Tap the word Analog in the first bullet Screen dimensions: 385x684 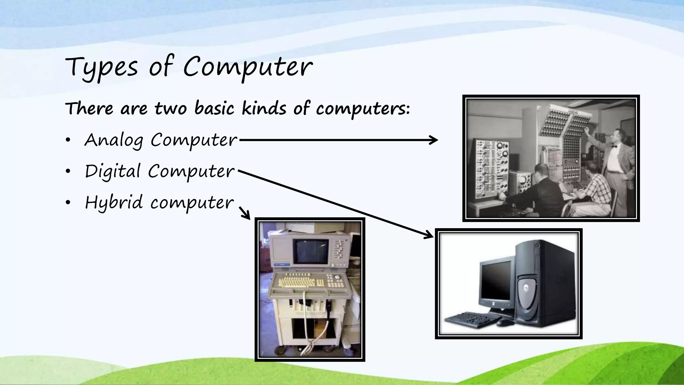pos(114,140)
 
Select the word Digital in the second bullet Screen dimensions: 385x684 pos(113,171)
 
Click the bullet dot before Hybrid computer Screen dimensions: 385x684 pos(68,203)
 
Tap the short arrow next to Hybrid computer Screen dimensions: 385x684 pos(245,213)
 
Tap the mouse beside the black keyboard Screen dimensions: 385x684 pos(505,323)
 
